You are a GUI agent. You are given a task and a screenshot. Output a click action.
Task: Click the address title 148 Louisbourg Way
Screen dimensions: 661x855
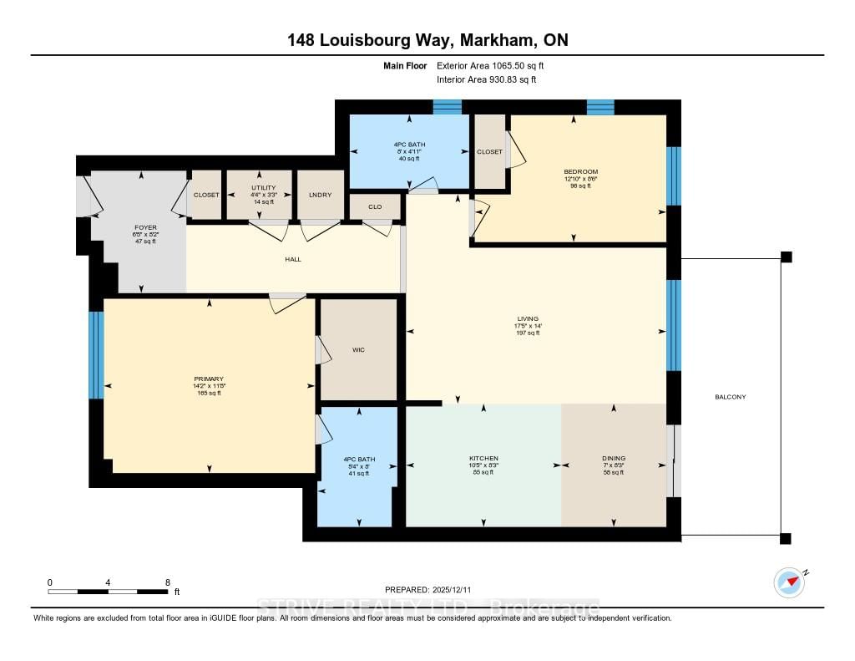(427, 40)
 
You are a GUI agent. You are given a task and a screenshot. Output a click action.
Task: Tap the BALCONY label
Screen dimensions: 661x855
(731, 397)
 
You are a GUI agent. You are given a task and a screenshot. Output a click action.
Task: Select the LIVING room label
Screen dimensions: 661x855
(527, 318)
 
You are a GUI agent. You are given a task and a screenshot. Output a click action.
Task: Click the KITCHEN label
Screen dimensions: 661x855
(483, 459)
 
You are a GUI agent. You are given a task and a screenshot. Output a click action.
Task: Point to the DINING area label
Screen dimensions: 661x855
(613, 459)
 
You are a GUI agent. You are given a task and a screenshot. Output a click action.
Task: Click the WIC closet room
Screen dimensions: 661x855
(359, 349)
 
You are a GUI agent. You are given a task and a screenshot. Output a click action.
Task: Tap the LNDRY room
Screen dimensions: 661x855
(321, 195)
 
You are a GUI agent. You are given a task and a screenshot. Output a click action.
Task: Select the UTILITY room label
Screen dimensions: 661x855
(259, 188)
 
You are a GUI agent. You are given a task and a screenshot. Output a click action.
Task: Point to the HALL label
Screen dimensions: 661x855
(292, 259)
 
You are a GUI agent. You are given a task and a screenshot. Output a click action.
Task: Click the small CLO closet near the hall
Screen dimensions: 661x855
(375, 206)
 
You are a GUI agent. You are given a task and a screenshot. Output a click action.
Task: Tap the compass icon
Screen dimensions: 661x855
(789, 582)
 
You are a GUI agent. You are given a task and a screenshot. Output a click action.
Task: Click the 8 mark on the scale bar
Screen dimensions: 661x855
(168, 582)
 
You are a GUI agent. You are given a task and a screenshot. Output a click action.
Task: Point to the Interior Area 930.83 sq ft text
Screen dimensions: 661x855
(486, 79)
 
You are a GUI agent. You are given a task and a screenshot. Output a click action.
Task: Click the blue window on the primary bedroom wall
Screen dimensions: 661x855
(96, 355)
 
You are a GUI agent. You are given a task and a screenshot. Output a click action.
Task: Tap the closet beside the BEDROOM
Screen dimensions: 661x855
(490, 152)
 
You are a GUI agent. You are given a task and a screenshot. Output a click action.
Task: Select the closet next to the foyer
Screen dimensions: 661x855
(206, 195)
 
